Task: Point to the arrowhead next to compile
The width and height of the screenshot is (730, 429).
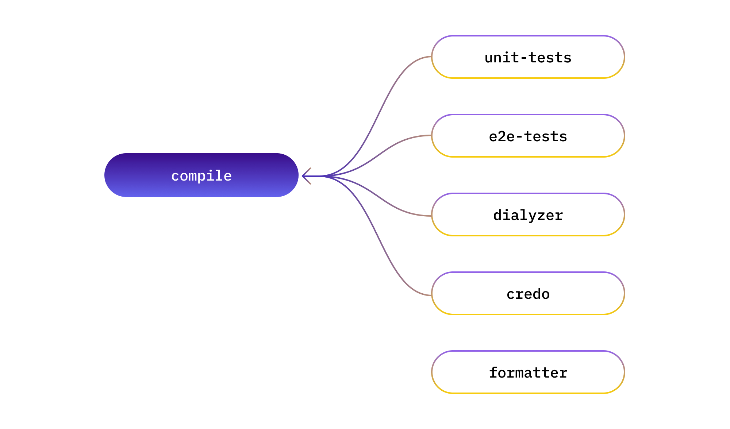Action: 306,176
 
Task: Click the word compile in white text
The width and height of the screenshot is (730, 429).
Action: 201,176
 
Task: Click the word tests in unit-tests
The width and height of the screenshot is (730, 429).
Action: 550,58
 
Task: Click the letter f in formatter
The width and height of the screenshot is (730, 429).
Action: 493,373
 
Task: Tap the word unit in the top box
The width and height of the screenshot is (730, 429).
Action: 502,58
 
